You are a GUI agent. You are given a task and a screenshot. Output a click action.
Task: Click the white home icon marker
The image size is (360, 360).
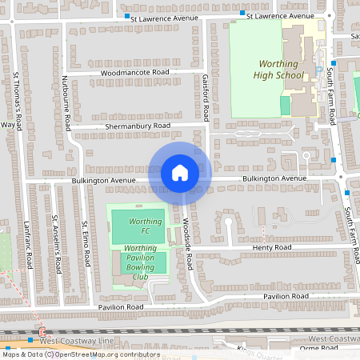coord(179,172)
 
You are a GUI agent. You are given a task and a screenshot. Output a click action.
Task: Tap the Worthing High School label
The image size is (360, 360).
coord(281,70)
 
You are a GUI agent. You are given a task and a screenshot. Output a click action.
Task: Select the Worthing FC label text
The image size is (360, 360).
coord(139,226)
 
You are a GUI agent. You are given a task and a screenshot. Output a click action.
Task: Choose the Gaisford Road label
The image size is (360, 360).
coord(206,99)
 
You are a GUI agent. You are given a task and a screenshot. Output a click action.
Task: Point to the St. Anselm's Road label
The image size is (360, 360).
coord(55,242)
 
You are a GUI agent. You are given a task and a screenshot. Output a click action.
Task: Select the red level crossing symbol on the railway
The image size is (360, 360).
coord(42,333)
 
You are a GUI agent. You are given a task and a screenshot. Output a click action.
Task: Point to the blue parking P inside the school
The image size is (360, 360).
coord(319,64)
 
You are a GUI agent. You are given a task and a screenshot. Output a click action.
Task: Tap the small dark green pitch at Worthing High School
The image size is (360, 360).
coord(286,105)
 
